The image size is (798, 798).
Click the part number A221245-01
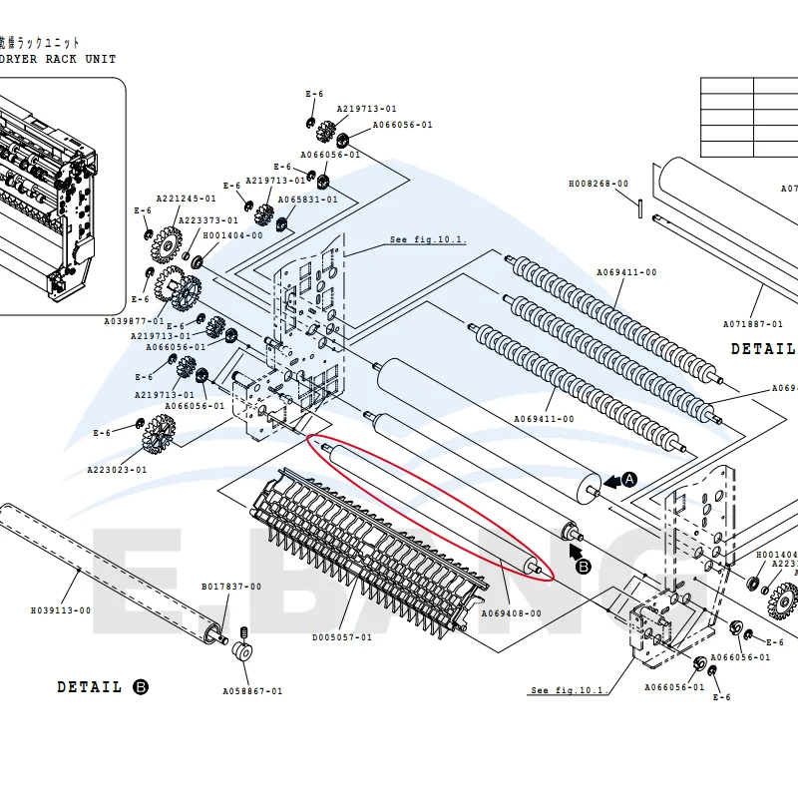[186, 199]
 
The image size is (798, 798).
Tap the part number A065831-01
[307, 199]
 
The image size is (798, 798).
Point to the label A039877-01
[135, 321]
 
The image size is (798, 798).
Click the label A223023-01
[117, 470]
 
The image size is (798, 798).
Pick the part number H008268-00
[598, 184]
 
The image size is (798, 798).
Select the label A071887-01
[753, 323]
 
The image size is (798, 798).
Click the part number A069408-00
[512, 613]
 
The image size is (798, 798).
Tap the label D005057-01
[342, 636]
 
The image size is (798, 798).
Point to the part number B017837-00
[231, 587]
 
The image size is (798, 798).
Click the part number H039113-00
[61, 610]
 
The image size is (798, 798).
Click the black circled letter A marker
[629, 480]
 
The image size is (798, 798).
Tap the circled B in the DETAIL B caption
[141, 687]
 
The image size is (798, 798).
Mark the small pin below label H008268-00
[634, 203]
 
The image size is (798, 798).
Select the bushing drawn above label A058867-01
[241, 653]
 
